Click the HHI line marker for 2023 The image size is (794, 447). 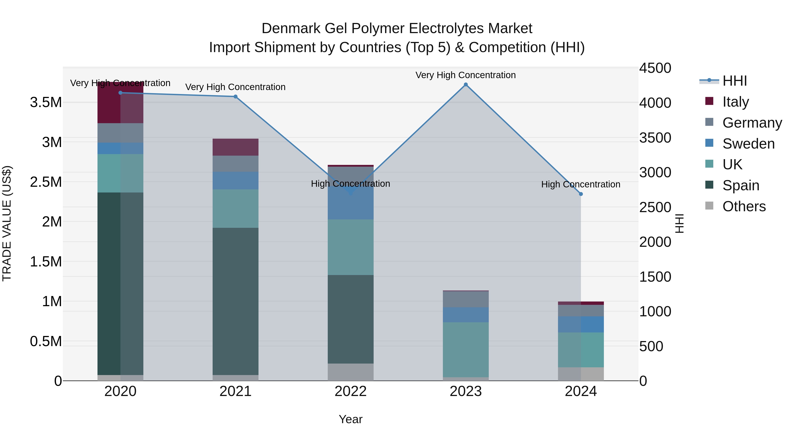point(466,85)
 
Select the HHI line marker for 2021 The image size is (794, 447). point(236,96)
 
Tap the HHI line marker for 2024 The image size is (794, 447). point(581,194)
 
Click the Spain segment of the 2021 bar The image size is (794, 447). point(236,301)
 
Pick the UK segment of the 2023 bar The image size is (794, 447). point(466,349)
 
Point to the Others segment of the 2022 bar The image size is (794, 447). point(350,372)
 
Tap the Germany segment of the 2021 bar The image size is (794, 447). point(236,164)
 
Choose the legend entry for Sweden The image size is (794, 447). point(748,144)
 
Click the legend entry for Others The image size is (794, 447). point(744,206)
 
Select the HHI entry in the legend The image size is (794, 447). point(734,81)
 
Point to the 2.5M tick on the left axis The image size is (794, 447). point(46,182)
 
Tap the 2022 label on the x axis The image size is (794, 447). point(350,391)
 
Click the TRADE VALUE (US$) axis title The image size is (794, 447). point(7,223)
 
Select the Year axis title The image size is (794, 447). point(350,419)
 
